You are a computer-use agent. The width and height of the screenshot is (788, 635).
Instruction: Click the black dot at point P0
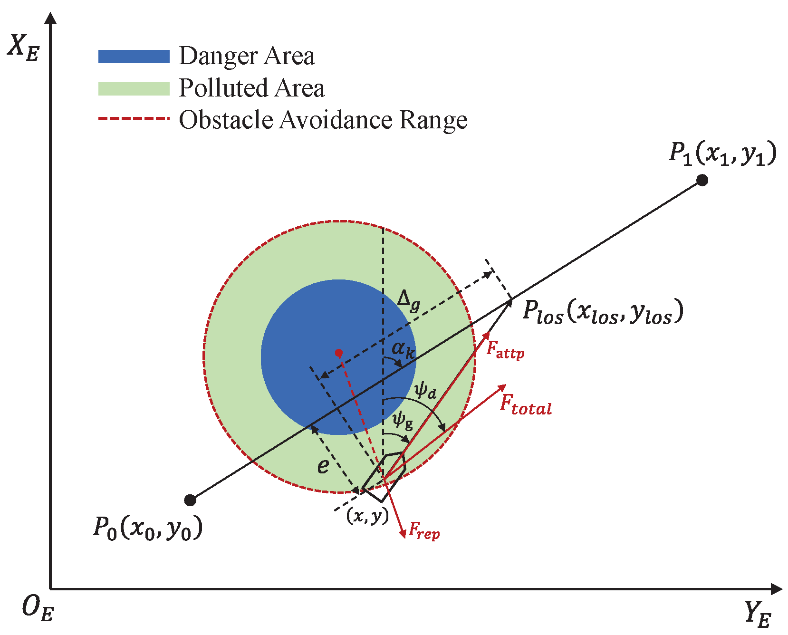(x=190, y=500)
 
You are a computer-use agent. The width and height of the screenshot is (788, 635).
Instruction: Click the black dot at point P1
(x=702, y=180)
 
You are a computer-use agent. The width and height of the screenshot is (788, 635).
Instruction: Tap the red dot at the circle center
(x=338, y=353)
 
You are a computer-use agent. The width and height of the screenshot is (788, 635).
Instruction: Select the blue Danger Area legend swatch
(x=134, y=57)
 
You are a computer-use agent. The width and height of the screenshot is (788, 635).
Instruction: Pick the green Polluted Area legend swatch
(x=134, y=89)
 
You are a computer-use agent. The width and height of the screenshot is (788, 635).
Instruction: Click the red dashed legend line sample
(x=134, y=119)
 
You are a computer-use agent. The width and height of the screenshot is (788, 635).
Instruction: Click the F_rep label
(x=424, y=530)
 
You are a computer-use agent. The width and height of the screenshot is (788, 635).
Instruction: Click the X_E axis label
(x=23, y=48)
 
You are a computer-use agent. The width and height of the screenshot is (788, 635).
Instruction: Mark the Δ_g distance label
(x=409, y=300)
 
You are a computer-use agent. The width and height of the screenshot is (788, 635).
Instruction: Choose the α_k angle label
(x=403, y=350)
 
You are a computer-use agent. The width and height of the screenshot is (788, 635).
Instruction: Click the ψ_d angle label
(x=425, y=390)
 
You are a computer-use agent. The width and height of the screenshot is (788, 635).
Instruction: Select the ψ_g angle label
(x=402, y=420)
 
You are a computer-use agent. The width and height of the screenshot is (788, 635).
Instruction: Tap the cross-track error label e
(x=323, y=466)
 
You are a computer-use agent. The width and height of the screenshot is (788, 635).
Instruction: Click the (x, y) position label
(x=367, y=515)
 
